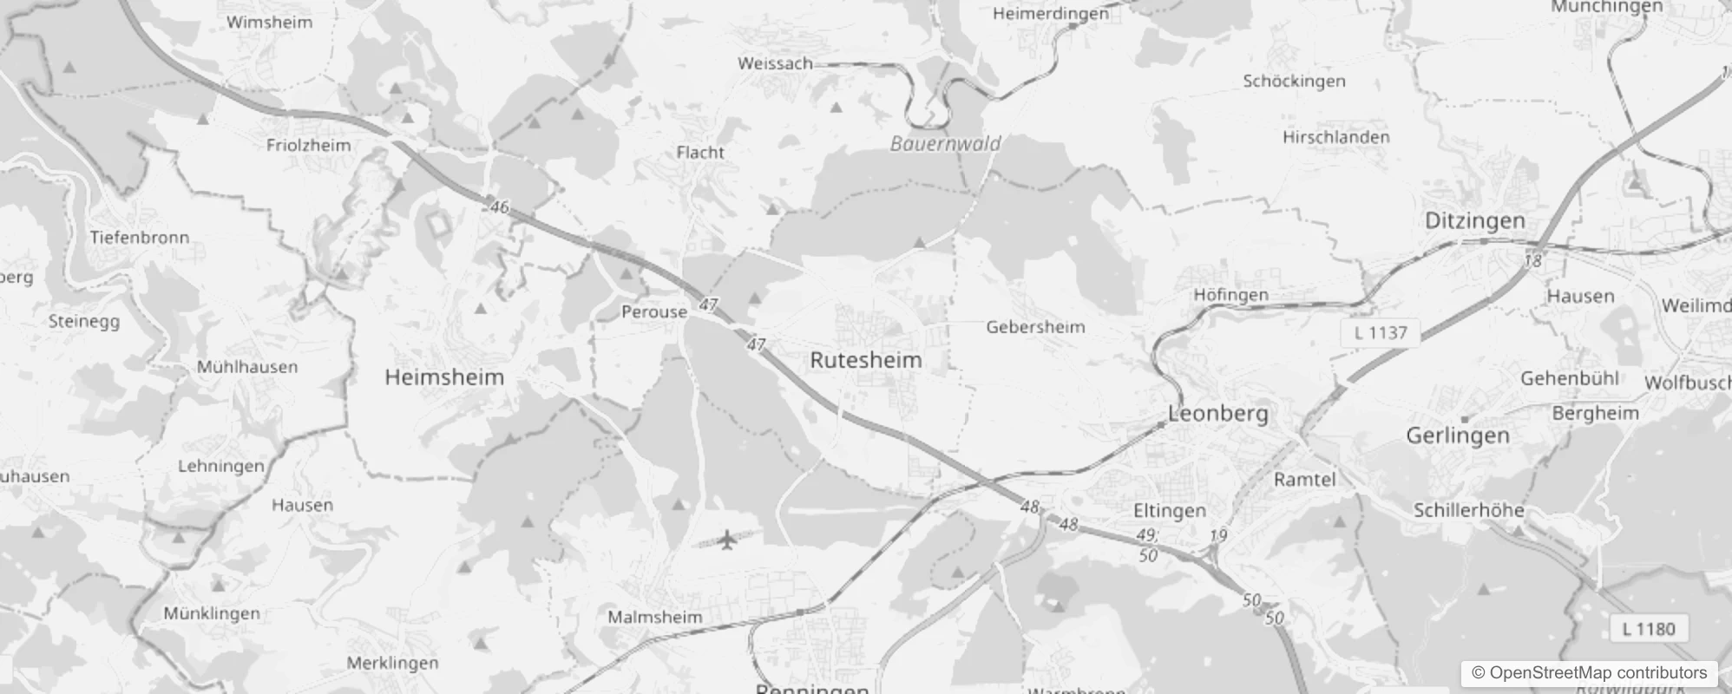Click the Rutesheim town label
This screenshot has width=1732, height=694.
pos(865,360)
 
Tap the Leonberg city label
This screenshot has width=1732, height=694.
pos(1217,414)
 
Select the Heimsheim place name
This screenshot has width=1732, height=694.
pos(444,377)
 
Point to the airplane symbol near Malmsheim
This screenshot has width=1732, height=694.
pos(727,540)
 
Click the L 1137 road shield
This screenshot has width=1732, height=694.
pos(1380,333)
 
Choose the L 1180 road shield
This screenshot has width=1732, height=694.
pos(1648,629)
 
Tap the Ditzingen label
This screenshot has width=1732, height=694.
pos(1474,221)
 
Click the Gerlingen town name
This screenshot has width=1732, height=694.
pos(1457,435)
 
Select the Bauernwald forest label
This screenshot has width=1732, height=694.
pos(945,144)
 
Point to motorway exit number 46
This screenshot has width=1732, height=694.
pos(499,206)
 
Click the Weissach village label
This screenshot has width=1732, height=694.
pos(775,63)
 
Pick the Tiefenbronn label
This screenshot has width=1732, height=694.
pos(139,238)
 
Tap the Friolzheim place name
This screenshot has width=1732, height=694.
pos(308,146)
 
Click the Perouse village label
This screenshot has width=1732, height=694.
pos(654,312)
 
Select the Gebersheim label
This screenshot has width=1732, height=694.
pos(1035,328)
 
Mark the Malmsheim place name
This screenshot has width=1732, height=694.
pos(654,618)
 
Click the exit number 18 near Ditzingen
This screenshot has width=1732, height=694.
pos(1533,260)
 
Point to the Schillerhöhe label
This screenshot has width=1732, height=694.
pos(1468,510)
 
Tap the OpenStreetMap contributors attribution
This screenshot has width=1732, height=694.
pos(1589,673)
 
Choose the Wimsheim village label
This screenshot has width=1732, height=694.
pos(269,23)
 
